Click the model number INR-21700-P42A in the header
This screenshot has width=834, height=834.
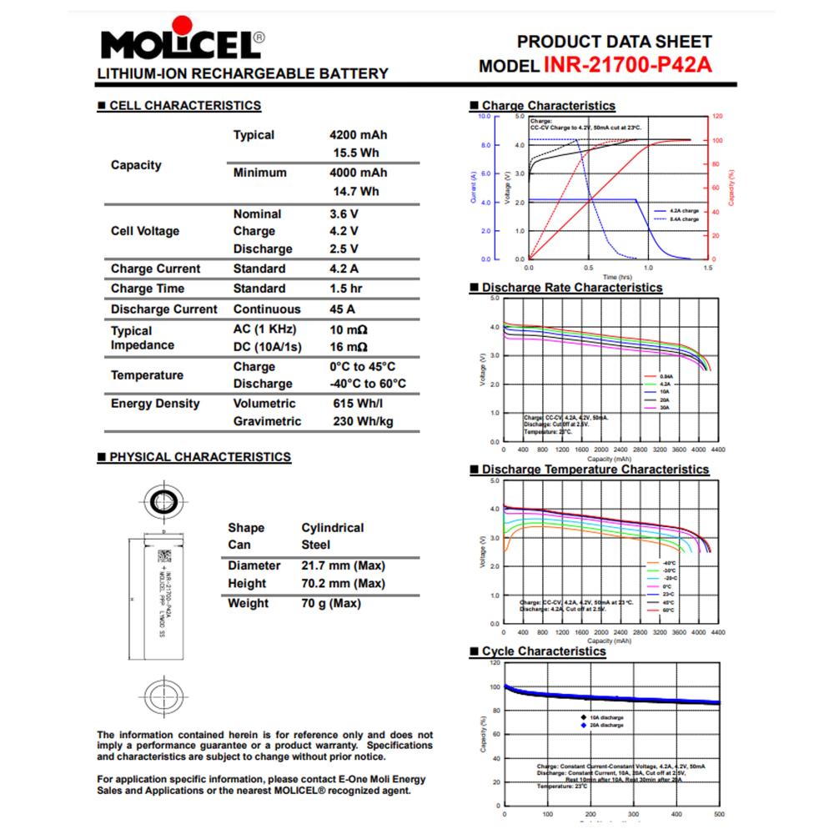(628, 66)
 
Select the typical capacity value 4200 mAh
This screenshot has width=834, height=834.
(359, 135)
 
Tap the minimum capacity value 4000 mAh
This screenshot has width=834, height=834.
(359, 173)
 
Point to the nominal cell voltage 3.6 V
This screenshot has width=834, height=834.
(344, 214)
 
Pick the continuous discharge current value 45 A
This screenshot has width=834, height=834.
(344, 309)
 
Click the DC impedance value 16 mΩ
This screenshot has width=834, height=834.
(349, 346)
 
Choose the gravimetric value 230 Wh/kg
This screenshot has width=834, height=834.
(362, 421)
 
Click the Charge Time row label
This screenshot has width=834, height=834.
(148, 289)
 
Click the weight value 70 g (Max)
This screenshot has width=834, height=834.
(331, 603)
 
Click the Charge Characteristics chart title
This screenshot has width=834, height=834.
(548, 106)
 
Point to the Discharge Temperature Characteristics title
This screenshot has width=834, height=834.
(595, 470)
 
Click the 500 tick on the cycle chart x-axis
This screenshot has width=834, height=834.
(719, 814)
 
